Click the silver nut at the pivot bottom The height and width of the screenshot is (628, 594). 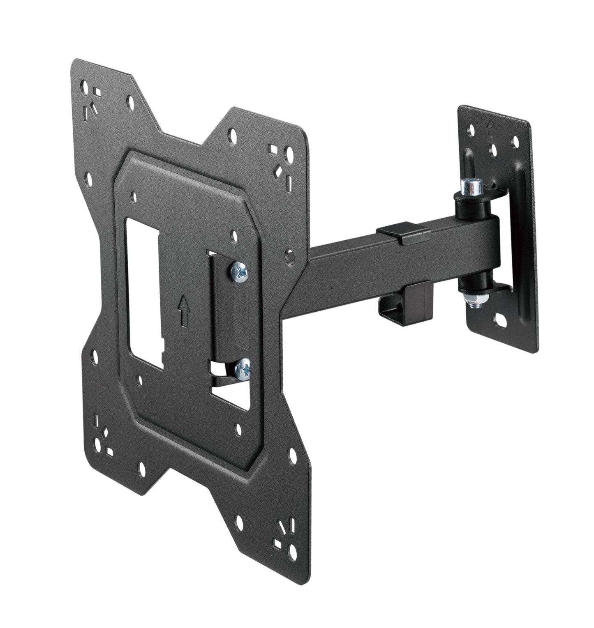click(470, 295)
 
